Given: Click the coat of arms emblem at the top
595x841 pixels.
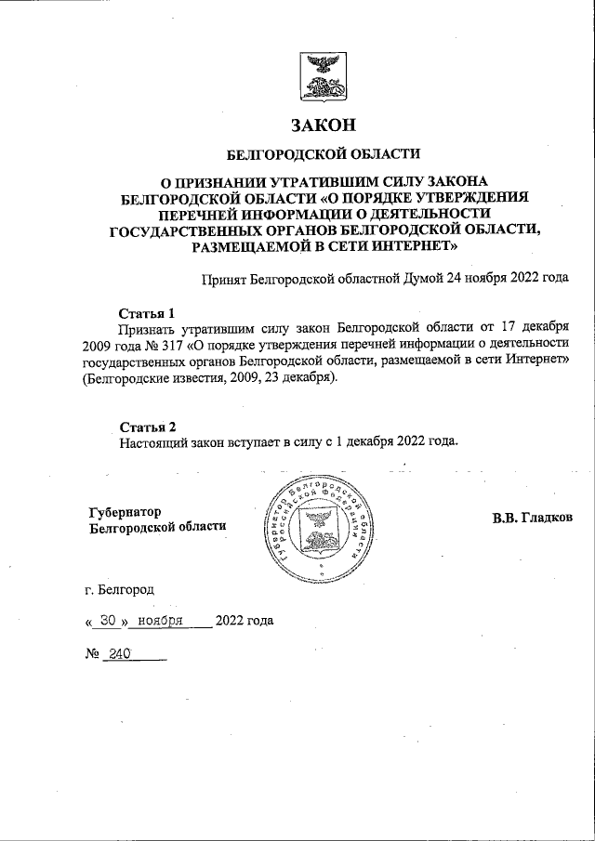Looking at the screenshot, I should (x=324, y=76).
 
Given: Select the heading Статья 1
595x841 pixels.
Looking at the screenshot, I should (x=147, y=311).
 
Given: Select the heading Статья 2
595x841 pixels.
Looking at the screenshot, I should (x=147, y=426).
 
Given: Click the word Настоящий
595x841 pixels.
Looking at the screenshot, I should (x=152, y=442).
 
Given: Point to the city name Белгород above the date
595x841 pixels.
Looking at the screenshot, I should (x=127, y=589).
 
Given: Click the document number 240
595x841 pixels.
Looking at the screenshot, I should (x=120, y=654).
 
